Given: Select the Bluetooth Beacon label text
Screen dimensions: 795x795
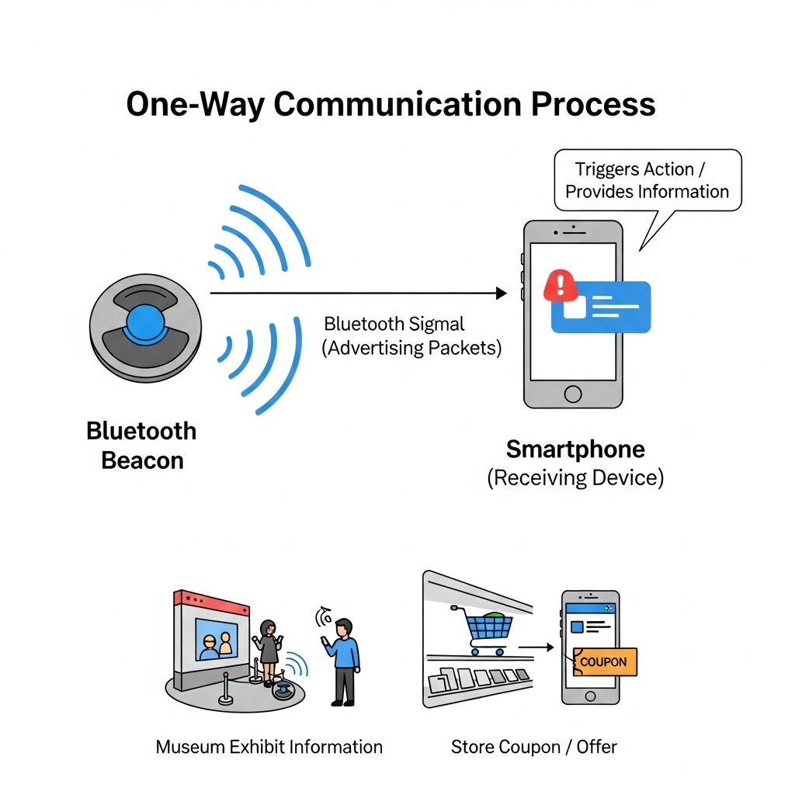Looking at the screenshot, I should [x=141, y=446].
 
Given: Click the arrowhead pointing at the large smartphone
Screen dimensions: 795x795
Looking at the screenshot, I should [x=501, y=293].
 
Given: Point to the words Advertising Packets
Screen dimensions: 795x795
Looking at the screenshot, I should [x=411, y=347].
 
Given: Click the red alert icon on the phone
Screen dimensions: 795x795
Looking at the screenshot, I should [x=559, y=286].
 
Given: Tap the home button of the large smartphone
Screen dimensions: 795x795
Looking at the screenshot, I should [x=573, y=394].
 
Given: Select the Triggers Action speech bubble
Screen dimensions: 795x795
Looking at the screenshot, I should [x=647, y=180].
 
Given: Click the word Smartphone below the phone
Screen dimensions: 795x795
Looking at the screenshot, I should [x=575, y=449].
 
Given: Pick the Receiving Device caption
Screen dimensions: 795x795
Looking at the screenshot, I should [x=575, y=477].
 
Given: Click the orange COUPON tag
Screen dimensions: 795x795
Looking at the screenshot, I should [x=603, y=663].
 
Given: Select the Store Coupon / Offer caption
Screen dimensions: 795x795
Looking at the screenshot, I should [x=533, y=747].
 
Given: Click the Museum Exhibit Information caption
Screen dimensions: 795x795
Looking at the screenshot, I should [x=269, y=747].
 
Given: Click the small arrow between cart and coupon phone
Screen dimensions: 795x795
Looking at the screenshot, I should [x=536, y=645].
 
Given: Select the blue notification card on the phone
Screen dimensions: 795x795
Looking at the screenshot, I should [x=600, y=307].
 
